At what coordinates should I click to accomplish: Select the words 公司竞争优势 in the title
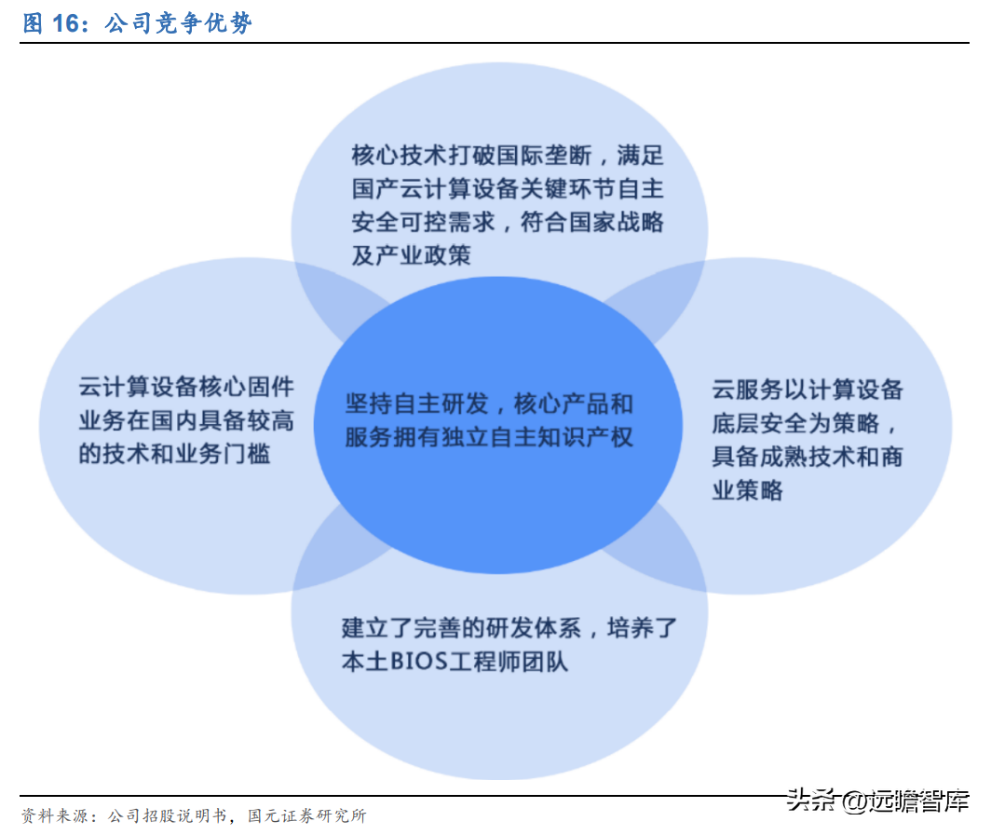(x=178, y=23)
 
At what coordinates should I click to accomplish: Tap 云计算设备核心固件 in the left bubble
(x=185, y=387)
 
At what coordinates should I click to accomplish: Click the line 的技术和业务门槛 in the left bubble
(x=174, y=454)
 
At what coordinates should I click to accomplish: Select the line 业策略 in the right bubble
(x=747, y=489)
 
